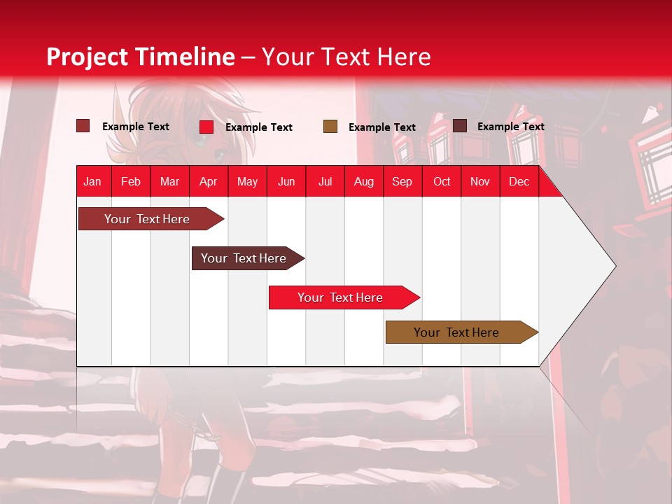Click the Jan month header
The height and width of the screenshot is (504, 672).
pyautogui.click(x=92, y=181)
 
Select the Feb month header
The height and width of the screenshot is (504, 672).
pyautogui.click(x=131, y=181)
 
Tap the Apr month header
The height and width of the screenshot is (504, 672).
pyautogui.click(x=208, y=181)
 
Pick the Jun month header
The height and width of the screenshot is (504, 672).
pyautogui.click(x=286, y=181)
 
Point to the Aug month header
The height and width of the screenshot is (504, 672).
pyautogui.click(x=363, y=181)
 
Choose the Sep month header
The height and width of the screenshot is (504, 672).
pyautogui.click(x=402, y=181)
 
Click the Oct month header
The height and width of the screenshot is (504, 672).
pyautogui.click(x=442, y=181)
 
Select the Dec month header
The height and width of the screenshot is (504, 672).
pyautogui.click(x=519, y=181)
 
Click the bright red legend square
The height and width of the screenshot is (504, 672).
pyautogui.click(x=206, y=127)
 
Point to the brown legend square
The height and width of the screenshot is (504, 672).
pyautogui.click(x=330, y=126)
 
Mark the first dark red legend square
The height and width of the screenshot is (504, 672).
pyautogui.click(x=83, y=126)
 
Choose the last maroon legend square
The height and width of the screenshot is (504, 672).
pyautogui.click(x=460, y=126)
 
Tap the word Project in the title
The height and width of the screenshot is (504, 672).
pyautogui.click(x=87, y=57)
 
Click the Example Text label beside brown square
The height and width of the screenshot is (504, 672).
pyautogui.click(x=381, y=127)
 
